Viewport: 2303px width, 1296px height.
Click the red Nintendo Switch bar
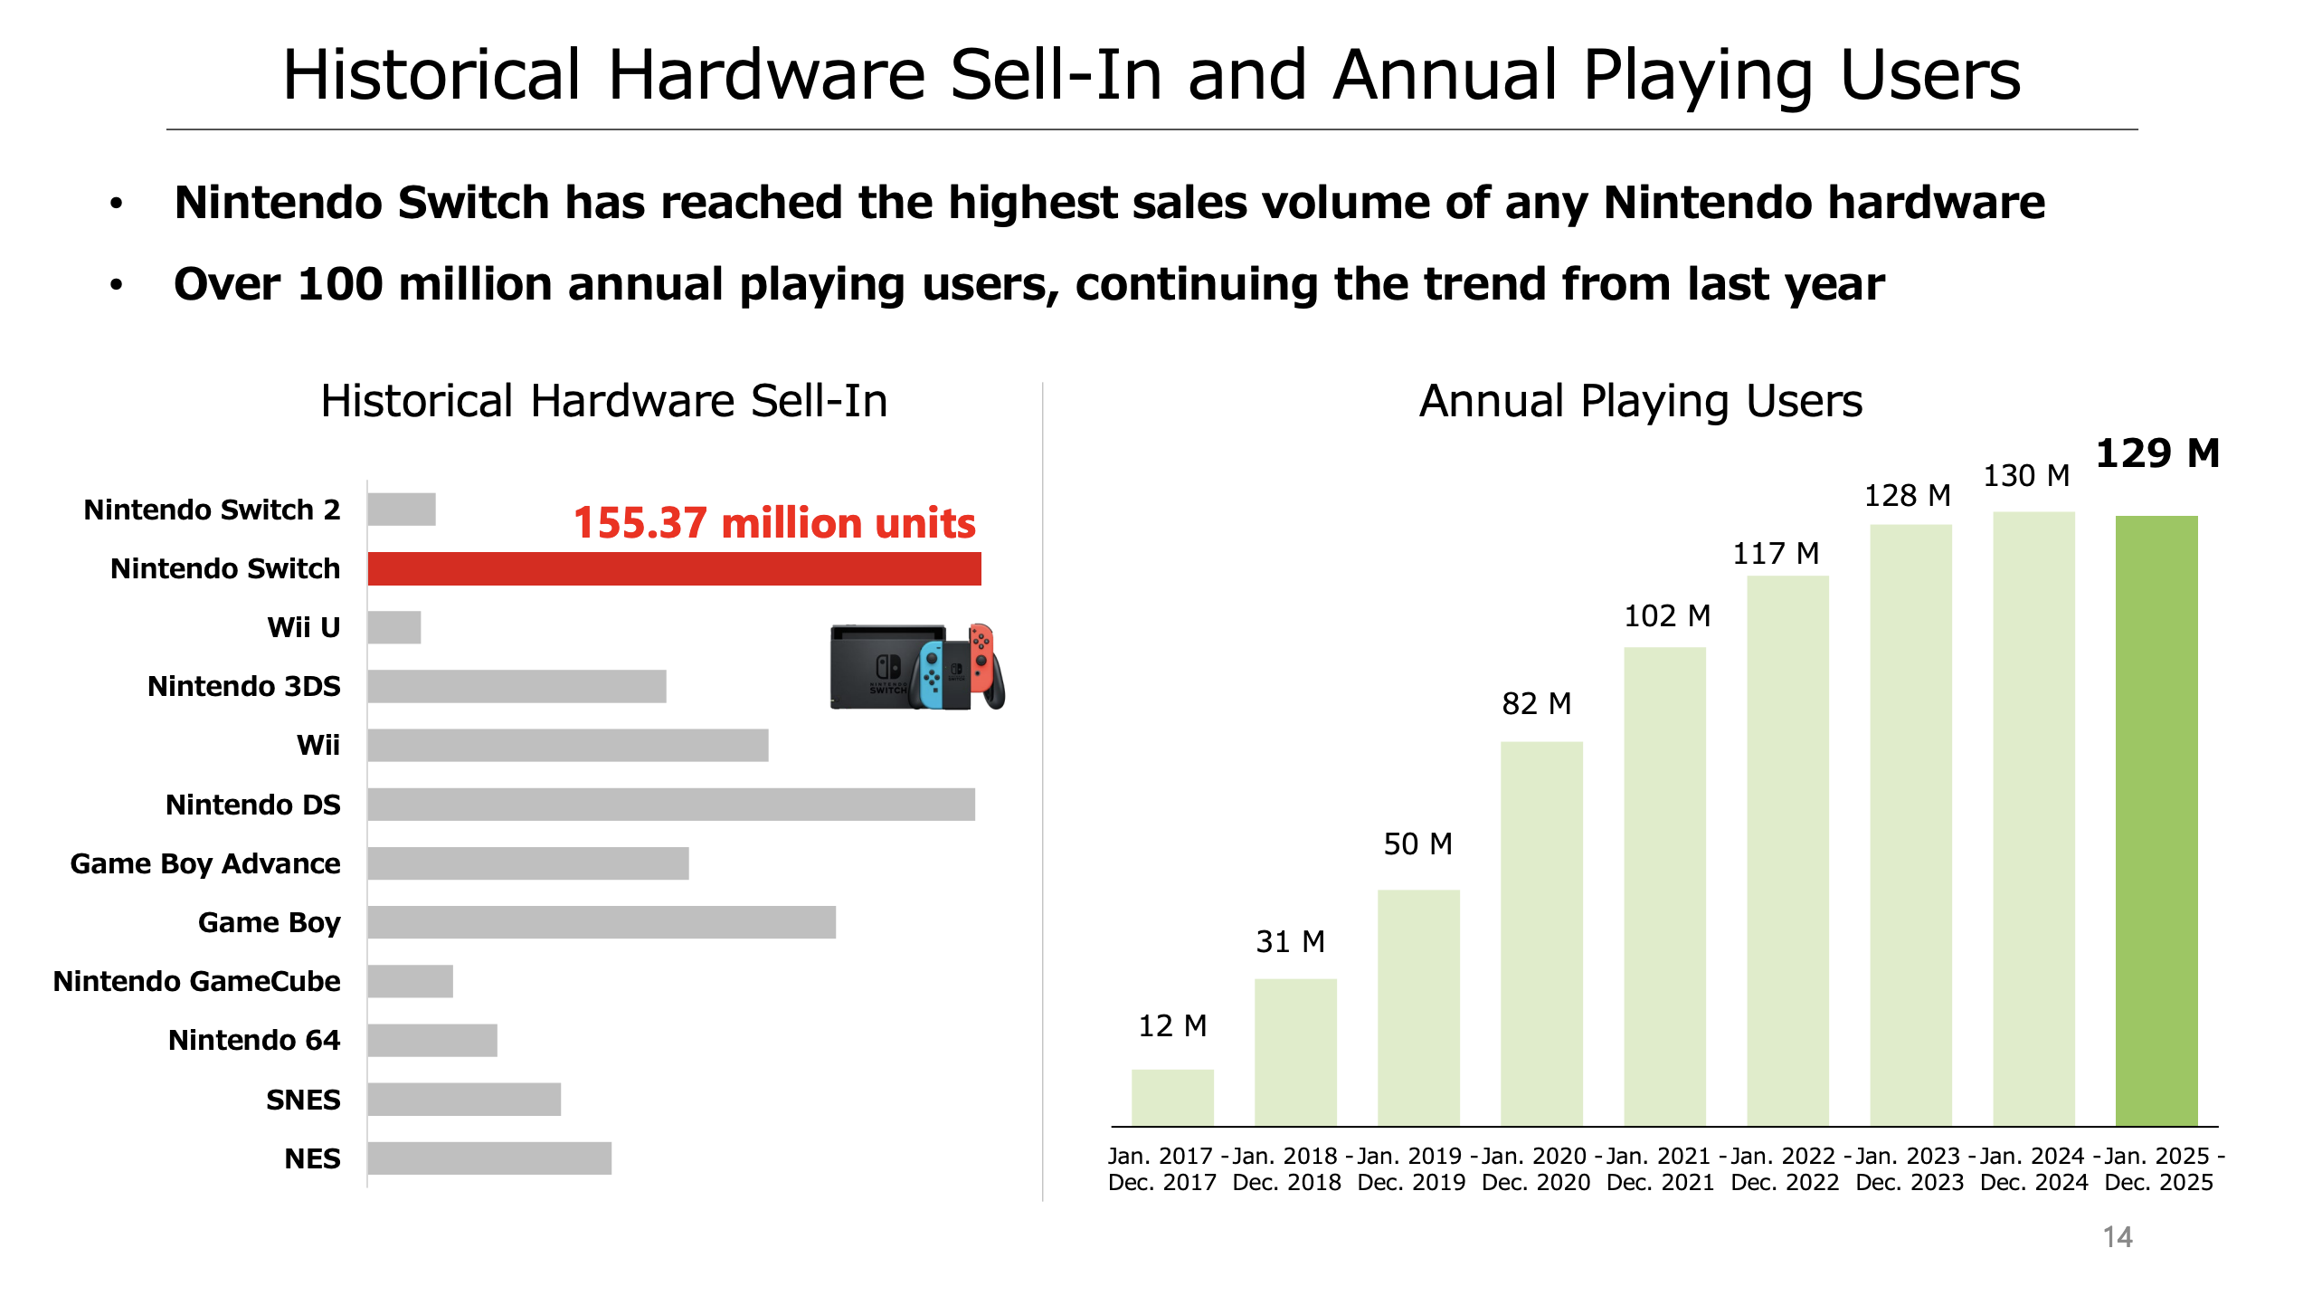[x=674, y=568]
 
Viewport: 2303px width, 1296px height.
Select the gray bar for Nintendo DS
[x=671, y=805]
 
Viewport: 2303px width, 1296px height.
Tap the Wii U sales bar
[x=394, y=627]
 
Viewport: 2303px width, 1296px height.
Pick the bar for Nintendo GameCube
[x=410, y=981]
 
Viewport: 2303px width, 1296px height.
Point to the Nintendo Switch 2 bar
[x=402, y=510]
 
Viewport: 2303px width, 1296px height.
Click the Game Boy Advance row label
[x=205, y=863]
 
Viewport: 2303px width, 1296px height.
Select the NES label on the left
[x=312, y=1158]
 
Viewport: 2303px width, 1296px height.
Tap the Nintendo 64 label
[x=254, y=1040]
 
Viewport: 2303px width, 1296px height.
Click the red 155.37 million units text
[x=774, y=523]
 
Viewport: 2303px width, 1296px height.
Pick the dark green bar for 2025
[x=2156, y=820]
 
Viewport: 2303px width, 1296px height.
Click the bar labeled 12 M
[x=1172, y=1097]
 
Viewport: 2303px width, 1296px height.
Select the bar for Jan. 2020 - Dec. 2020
[x=1541, y=933]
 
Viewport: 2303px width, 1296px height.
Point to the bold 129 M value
[x=2157, y=453]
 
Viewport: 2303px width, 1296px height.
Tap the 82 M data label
[x=1536, y=703]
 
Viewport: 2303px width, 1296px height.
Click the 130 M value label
[x=2026, y=476]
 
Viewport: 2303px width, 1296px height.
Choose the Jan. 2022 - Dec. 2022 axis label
[x=1785, y=1169]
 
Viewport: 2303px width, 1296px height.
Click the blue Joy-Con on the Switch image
[x=932, y=675]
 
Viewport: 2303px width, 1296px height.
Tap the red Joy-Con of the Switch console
[x=982, y=655]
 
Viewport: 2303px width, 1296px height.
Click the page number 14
[x=2117, y=1237]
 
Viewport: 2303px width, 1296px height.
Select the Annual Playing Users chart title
[x=1640, y=401]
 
